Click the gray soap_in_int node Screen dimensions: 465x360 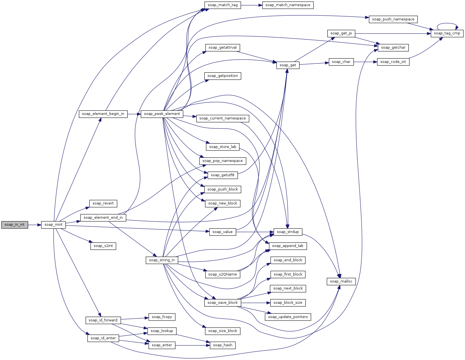[x=15, y=225]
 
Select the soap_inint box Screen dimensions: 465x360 [x=53, y=225]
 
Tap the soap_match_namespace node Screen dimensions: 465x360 [x=288, y=5]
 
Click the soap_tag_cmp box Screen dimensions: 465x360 [x=447, y=33]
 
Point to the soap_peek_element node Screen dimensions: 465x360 [x=162, y=114]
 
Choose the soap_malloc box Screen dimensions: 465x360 [x=341, y=281]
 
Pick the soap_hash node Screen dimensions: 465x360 [x=223, y=345]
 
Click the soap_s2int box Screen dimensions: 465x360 [x=103, y=246]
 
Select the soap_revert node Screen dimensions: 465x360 [x=103, y=203]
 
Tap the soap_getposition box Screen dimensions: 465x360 [x=223, y=76]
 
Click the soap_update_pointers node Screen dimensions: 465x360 [x=288, y=317]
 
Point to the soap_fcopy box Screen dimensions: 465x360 [x=162, y=317]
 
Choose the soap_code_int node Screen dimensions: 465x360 [x=393, y=62]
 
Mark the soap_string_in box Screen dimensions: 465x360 [x=162, y=260]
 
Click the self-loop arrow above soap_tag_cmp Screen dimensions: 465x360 [x=447, y=23]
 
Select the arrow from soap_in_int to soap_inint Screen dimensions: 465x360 [x=34, y=225]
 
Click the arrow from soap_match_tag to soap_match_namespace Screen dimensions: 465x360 [x=251, y=5]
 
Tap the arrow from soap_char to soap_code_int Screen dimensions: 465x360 [x=365, y=62]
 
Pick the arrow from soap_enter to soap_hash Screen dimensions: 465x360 [x=193, y=345]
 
